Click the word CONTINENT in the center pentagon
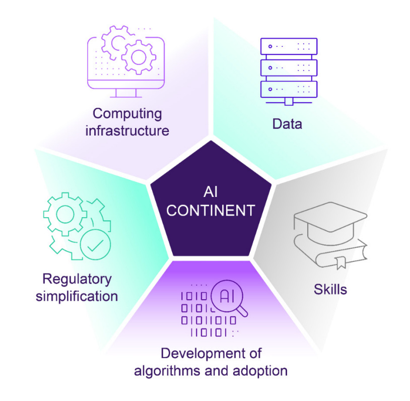[211, 210]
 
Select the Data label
[287, 123]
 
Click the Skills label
[330, 289]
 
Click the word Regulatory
[77, 279]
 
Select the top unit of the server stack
[289, 46]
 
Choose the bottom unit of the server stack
[289, 89]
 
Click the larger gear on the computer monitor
[137, 56]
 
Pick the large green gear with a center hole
[65, 215]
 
